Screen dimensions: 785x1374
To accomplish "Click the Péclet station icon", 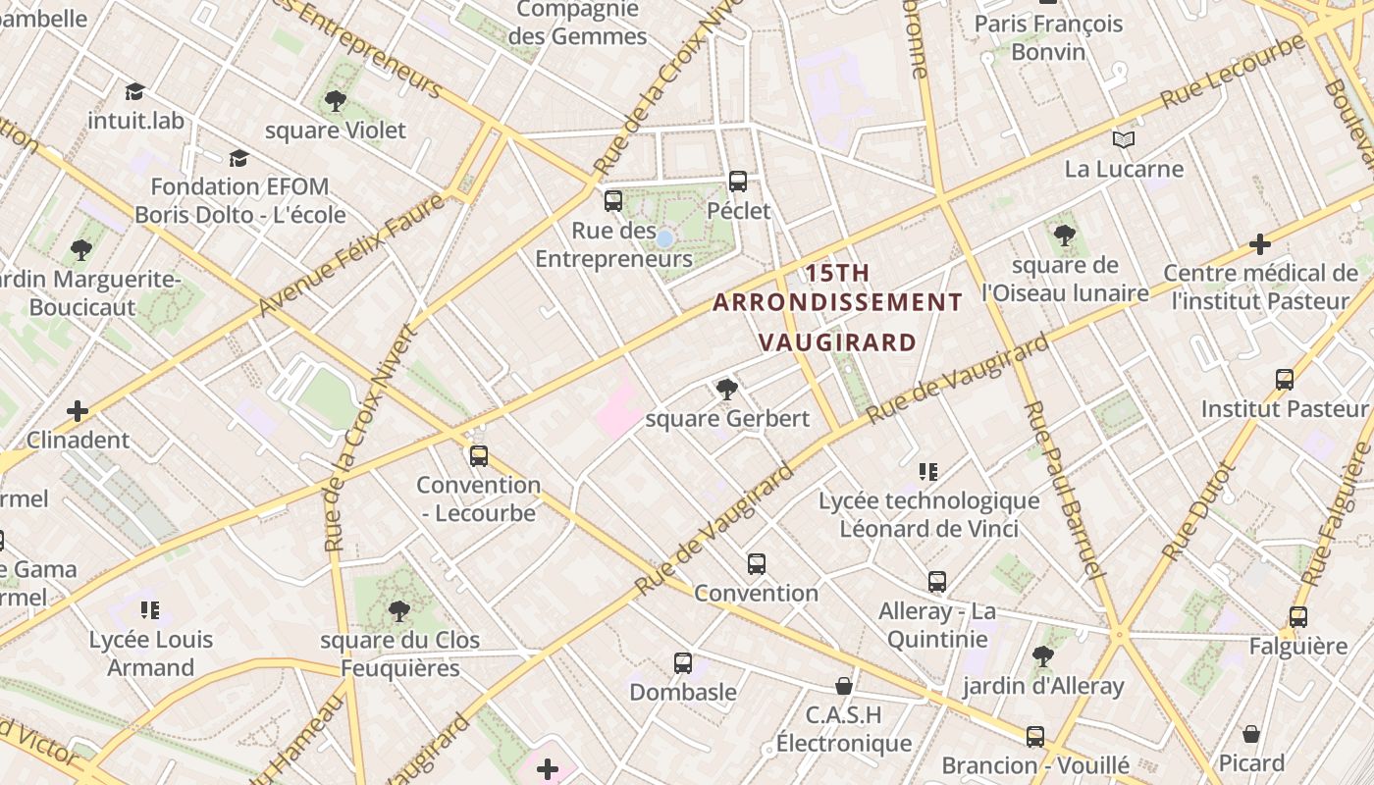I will [x=738, y=182].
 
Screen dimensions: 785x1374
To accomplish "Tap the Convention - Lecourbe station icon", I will [x=479, y=455].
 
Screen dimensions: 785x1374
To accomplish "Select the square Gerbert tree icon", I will [x=726, y=390].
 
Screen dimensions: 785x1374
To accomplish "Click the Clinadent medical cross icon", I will [x=78, y=410].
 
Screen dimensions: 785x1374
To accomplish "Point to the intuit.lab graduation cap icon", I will [x=135, y=92].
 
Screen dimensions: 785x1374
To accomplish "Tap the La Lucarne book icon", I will [x=1124, y=140].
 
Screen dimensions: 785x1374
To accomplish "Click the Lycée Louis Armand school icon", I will [x=150, y=610].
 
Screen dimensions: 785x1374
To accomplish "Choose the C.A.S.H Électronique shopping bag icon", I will [x=844, y=685].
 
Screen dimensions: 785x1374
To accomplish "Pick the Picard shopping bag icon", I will [x=1251, y=734].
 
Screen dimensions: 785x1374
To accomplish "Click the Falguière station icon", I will [x=1298, y=617].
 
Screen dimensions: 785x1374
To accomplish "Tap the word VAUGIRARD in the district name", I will [x=838, y=342].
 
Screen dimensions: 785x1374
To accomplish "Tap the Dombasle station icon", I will [x=683, y=663].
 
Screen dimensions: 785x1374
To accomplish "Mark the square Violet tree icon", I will [x=336, y=100].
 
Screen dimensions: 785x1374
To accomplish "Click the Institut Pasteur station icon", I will [x=1285, y=380].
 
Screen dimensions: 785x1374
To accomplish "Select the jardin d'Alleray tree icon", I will [x=1042, y=656].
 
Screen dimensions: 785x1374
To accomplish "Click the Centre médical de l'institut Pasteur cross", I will [x=1260, y=244].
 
